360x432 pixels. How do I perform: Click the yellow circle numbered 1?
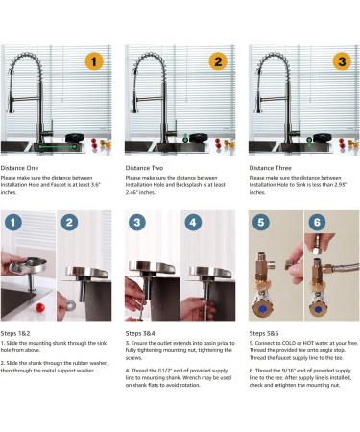93,62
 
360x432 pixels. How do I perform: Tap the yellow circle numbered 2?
217,62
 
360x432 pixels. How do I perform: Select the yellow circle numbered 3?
341,62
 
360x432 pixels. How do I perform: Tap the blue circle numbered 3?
138,227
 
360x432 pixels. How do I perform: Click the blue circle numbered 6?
318,227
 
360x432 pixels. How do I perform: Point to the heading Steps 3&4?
144,333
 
